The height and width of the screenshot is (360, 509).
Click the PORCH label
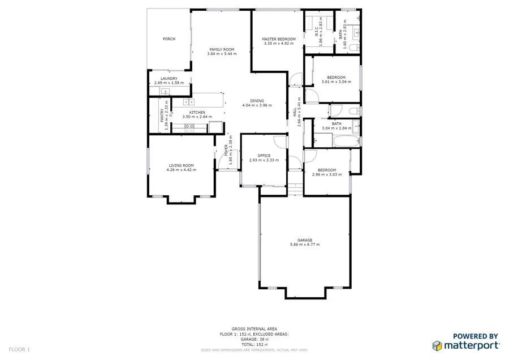[169, 39]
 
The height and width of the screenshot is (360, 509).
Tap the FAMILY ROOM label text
[222, 49]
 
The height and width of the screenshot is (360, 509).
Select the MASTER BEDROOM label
[278, 39]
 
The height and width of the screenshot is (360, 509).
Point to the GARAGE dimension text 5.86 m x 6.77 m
[305, 245]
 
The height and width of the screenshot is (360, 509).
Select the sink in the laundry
[166, 91]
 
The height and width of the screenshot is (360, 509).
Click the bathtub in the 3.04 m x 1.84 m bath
[343, 141]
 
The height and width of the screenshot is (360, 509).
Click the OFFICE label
[264, 155]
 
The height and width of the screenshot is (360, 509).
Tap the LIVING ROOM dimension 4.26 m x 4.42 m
[181, 170]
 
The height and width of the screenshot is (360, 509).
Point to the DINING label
[257, 101]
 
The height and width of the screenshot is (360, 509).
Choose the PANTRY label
[162, 117]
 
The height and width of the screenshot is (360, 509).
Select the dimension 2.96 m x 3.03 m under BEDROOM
[326, 174]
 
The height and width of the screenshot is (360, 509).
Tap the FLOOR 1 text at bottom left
[20, 349]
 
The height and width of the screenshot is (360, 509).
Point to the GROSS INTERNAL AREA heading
[254, 329]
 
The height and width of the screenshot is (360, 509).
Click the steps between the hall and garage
[295, 190]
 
